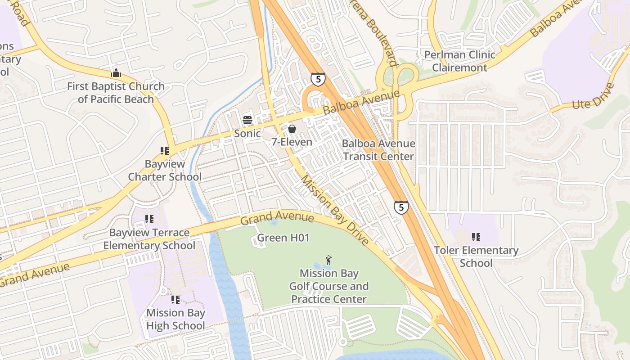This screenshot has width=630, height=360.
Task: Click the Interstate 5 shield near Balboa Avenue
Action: pyautogui.click(x=318, y=79)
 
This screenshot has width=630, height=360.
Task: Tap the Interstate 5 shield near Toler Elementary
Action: pyautogui.click(x=401, y=207)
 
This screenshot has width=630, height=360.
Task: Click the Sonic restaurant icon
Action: pyautogui.click(x=247, y=120)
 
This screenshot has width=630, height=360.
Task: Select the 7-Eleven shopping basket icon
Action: pyautogui.click(x=292, y=129)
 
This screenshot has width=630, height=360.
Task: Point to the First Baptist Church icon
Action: pyautogui.click(x=116, y=72)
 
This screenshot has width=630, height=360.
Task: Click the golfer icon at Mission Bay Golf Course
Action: pyautogui.click(x=329, y=260)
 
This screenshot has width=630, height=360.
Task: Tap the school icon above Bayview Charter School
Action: pyautogui.click(x=165, y=151)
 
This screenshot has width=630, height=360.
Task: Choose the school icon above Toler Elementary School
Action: pyautogui.click(x=476, y=237)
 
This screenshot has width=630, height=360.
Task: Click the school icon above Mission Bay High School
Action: pyautogui.click(x=175, y=299)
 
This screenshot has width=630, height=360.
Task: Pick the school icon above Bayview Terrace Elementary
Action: pyautogui.click(x=149, y=219)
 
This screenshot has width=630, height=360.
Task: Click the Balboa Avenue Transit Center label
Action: pyautogui.click(x=378, y=150)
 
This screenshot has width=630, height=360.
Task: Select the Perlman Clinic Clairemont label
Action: pyautogui.click(x=459, y=61)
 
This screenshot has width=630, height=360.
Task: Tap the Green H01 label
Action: pyautogui.click(x=283, y=238)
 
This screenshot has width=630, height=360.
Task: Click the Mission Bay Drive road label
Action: pyautogui.click(x=334, y=210)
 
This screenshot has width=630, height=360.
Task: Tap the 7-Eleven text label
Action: pyautogui.click(x=292, y=142)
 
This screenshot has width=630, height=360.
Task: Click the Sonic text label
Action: pyautogui.click(x=247, y=133)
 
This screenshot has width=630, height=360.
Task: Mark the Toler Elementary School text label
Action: pyautogui.click(x=476, y=256)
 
